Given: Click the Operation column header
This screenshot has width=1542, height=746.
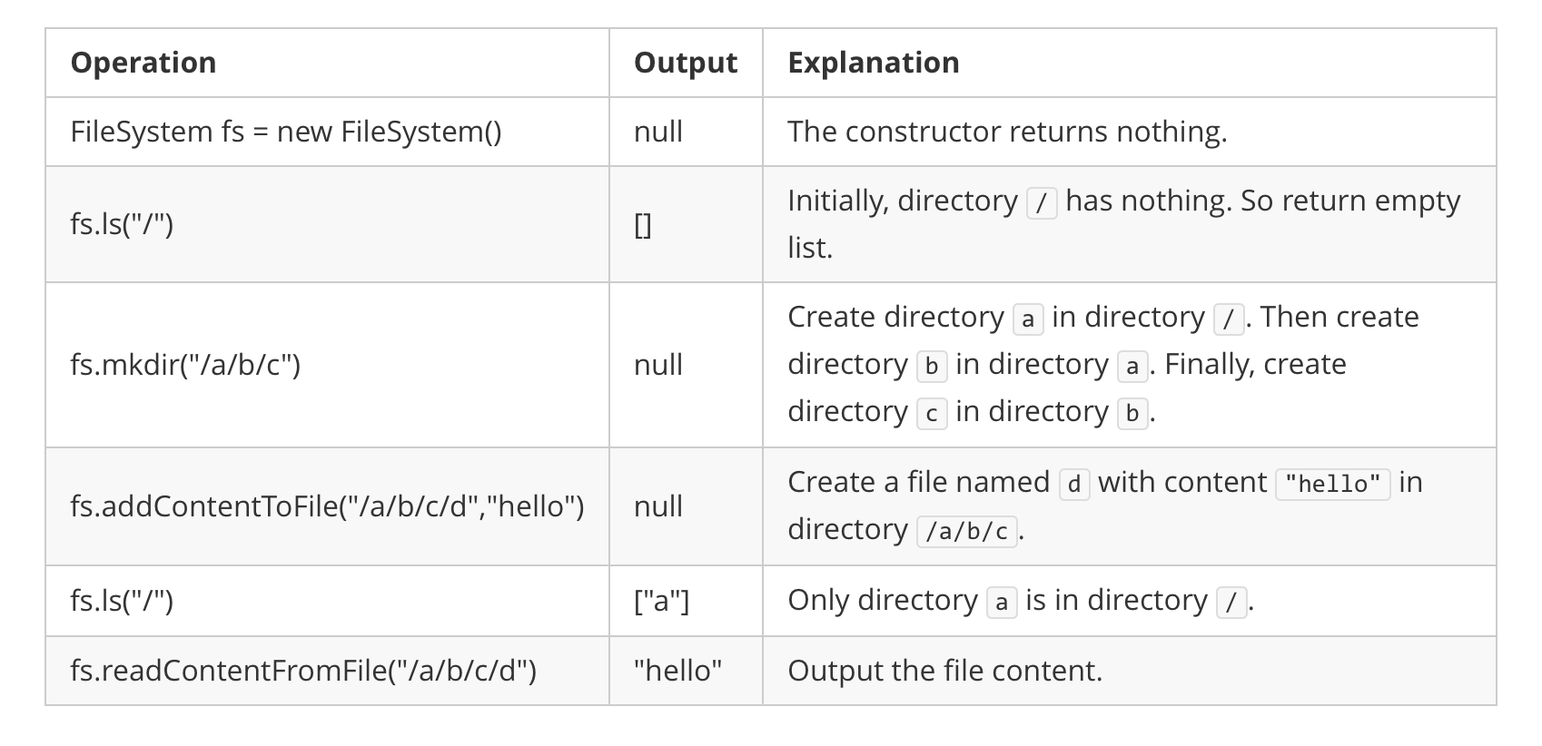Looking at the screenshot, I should point(143,63).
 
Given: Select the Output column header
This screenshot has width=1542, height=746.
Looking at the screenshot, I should point(685,63).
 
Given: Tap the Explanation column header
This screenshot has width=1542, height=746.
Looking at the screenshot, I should point(873,63).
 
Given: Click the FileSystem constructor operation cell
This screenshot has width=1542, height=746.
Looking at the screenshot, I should point(285,132).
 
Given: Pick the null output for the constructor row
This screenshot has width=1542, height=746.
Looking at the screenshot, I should point(658,132).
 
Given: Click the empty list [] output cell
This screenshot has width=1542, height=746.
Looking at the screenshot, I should point(643,224).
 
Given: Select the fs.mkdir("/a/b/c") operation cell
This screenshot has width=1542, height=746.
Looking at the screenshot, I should point(185,365).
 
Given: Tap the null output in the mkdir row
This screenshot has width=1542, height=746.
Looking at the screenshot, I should point(658,365).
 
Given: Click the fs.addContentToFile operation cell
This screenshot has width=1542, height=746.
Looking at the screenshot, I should point(327,506).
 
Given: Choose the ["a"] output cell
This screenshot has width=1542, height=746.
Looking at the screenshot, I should point(662,601).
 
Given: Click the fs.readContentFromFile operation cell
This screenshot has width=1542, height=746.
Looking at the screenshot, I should point(303,671).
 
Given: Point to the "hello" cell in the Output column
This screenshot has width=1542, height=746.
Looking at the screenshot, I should point(678,671).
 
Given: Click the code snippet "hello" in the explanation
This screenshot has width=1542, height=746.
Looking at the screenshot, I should point(1332,484).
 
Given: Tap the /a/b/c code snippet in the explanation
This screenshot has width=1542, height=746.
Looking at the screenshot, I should point(967,531).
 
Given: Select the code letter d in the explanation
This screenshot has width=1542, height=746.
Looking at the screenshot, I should point(1073,484).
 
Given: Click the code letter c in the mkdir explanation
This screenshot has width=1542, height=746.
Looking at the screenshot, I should point(931,413).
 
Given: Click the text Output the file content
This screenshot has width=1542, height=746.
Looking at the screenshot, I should point(944,671).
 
